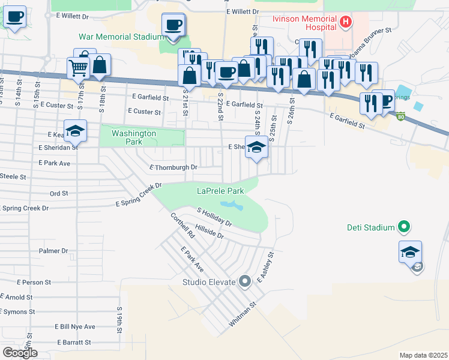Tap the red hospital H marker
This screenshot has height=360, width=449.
pos(345,23)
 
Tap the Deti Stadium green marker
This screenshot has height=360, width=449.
pos(404,227)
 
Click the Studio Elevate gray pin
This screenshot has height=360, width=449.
pos(244,281)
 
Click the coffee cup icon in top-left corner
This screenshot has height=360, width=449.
pos(14,17)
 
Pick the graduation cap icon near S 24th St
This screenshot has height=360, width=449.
pos(256,148)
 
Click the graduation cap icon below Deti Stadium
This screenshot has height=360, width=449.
pos(410,251)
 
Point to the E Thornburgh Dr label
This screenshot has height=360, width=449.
pos(173,167)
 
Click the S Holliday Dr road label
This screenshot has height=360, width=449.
pos(214,217)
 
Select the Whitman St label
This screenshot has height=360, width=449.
pos(242,315)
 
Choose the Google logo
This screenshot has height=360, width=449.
pos(20,353)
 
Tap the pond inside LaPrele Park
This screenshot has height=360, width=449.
pos(232,206)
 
